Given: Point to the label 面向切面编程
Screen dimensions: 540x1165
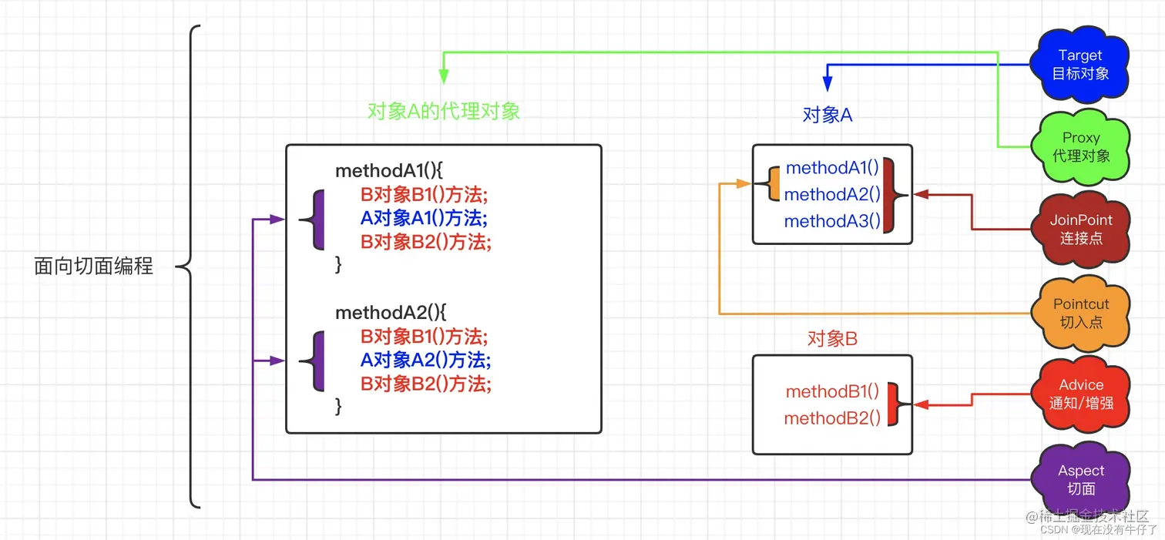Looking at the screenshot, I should [94, 267].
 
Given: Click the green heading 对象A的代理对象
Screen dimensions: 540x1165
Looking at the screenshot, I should [444, 111].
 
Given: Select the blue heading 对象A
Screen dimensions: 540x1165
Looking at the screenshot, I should [828, 115].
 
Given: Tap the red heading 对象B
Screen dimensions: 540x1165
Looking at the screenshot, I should [832, 338].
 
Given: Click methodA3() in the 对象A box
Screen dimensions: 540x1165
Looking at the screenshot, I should [832, 222].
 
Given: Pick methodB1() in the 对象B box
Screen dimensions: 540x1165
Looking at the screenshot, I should [832, 391].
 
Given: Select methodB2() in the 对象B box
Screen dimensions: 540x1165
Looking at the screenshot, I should [832, 418].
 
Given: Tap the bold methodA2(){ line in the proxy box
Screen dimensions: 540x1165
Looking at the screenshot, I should [391, 313].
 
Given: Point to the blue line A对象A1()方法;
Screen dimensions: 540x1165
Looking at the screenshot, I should [424, 218].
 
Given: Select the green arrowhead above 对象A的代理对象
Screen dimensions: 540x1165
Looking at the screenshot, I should [443, 75].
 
